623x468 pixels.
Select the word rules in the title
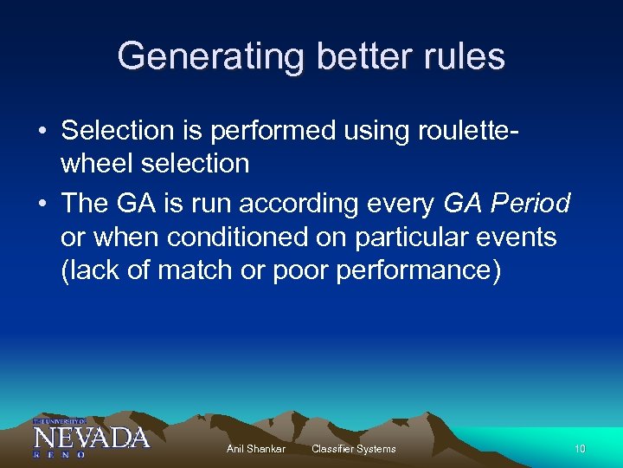click(x=463, y=57)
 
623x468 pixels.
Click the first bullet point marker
click(x=42, y=132)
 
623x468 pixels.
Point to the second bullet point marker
click(x=42, y=205)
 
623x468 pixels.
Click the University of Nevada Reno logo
click(x=91, y=437)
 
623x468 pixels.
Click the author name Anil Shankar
click(x=255, y=449)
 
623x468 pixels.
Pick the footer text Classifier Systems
click(x=353, y=449)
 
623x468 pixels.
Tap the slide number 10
click(x=580, y=449)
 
